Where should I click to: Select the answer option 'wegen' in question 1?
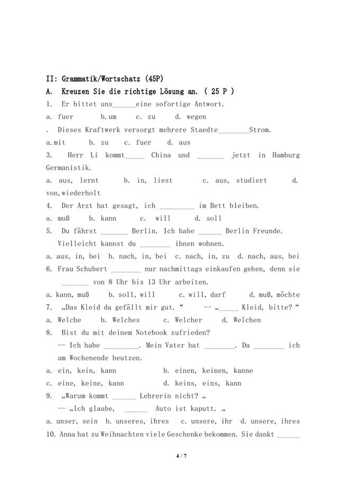(x=196, y=117)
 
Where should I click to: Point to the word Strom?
(x=260, y=130)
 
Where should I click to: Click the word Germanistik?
(x=68, y=168)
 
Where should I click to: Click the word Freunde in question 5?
(x=268, y=231)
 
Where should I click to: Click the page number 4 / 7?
(x=181, y=455)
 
